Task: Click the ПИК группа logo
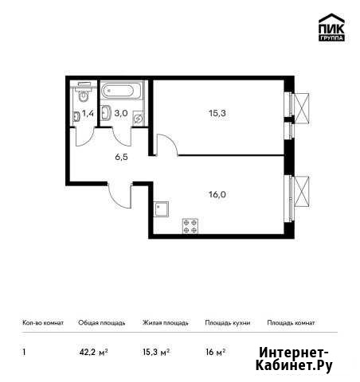(331, 27)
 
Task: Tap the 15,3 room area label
(217, 113)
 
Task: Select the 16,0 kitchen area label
(217, 195)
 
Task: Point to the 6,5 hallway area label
(121, 157)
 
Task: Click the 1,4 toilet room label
(88, 114)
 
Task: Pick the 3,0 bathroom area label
(121, 113)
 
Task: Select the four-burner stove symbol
(190, 226)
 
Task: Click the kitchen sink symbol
(162, 209)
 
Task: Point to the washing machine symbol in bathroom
(139, 118)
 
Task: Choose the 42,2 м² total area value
(93, 353)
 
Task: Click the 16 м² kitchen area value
(216, 352)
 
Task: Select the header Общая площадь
(102, 323)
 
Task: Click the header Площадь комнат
(291, 323)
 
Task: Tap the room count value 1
(24, 353)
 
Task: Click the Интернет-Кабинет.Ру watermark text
(294, 360)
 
